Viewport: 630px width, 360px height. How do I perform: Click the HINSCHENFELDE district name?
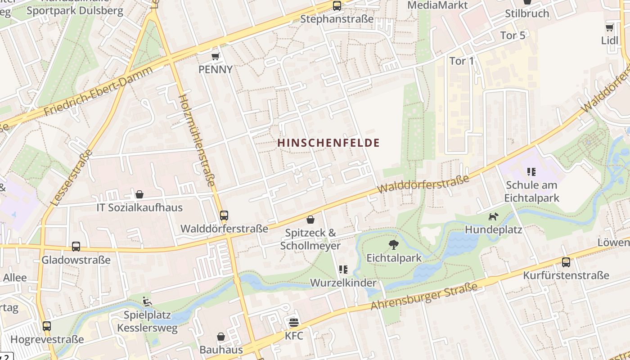pyautogui.click(x=328, y=143)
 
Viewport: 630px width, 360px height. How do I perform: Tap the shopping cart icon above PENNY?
pyautogui.click(x=216, y=56)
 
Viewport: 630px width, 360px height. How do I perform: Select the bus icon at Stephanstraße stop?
pyautogui.click(x=337, y=6)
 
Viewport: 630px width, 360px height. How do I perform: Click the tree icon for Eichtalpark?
pyautogui.click(x=394, y=245)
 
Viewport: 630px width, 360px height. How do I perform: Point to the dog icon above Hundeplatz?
pyautogui.click(x=493, y=216)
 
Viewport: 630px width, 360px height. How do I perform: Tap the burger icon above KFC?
pyautogui.click(x=294, y=322)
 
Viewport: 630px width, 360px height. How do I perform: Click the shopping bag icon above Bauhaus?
pyautogui.click(x=221, y=337)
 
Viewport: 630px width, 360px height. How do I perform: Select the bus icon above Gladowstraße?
pyautogui.click(x=76, y=247)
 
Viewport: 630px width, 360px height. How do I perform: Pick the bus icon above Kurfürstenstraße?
pyautogui.click(x=566, y=262)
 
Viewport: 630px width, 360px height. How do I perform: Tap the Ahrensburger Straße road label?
pyautogui.click(x=423, y=297)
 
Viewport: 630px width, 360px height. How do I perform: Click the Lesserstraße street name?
pyautogui.click(x=72, y=177)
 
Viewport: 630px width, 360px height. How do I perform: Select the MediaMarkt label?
pyautogui.click(x=437, y=5)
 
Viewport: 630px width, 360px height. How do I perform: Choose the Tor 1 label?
pyautogui.click(x=462, y=61)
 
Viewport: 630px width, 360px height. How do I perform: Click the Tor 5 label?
pyautogui.click(x=513, y=36)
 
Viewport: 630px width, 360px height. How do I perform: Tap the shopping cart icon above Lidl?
pyautogui.click(x=609, y=28)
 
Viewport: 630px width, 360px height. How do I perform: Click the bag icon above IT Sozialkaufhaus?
pyautogui.click(x=139, y=194)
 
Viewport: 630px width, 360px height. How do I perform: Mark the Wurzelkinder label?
pyautogui.click(x=343, y=283)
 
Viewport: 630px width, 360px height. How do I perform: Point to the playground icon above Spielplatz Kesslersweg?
pyautogui.click(x=147, y=301)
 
